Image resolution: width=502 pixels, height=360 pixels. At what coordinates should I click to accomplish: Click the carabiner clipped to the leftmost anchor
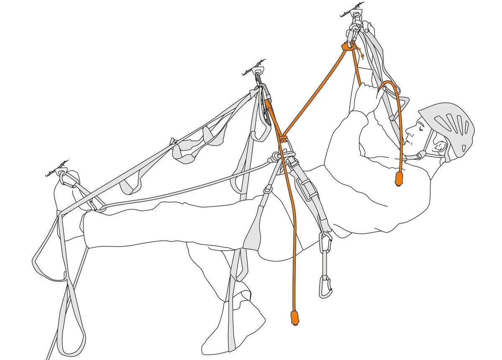click(63, 178)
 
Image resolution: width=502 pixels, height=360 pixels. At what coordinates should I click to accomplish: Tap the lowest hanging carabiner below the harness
click(325, 287)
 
